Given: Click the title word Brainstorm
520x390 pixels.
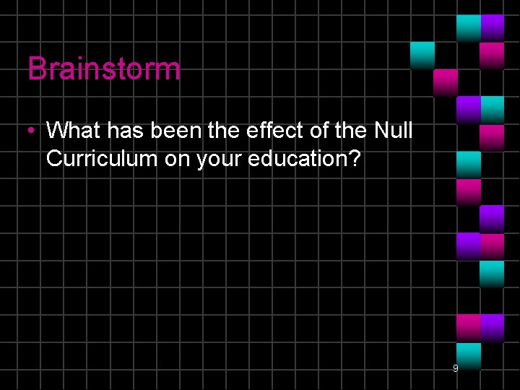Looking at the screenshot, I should tap(104, 69).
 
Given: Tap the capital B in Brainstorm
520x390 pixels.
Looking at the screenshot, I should tap(36, 69).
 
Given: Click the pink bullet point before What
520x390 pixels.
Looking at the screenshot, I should tap(32, 131).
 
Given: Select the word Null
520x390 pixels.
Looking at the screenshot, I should tap(394, 131).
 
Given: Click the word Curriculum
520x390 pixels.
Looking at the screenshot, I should tap(102, 158).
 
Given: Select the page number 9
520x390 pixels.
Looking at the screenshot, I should tap(455, 368).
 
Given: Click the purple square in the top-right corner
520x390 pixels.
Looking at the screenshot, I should tap(493, 27).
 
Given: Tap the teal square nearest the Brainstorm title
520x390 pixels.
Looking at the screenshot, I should tap(422, 54).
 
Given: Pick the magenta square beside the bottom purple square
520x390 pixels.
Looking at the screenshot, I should tap(469, 326).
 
